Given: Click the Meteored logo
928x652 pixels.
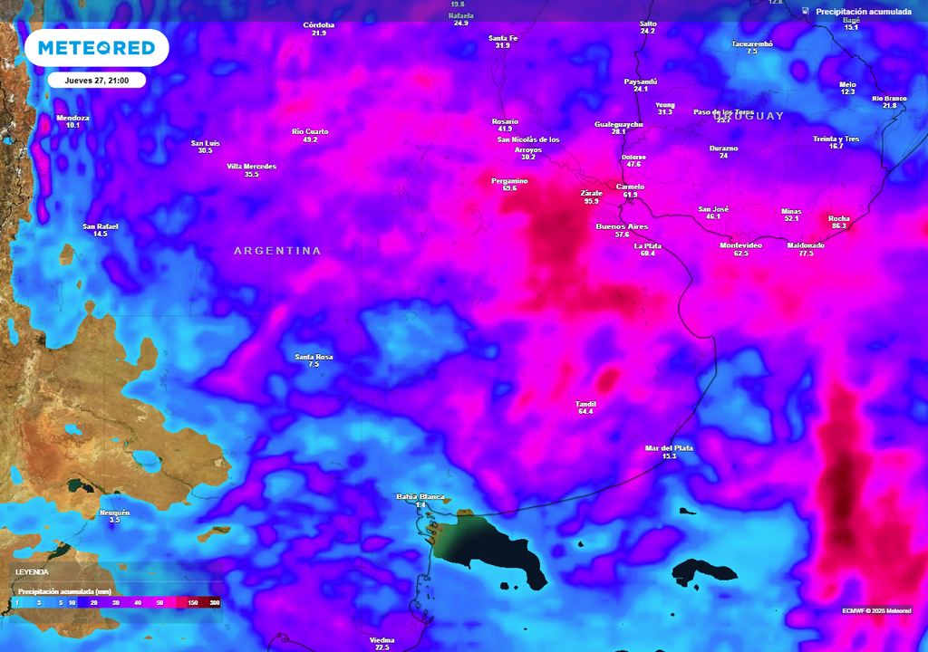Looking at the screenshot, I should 96,48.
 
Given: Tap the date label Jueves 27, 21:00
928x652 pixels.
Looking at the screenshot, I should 96,80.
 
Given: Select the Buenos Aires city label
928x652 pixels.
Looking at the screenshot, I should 622,225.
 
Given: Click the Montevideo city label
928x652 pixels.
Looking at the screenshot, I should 740,245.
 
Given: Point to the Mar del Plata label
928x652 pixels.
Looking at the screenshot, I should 669,448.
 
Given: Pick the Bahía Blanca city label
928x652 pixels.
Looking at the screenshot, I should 420,496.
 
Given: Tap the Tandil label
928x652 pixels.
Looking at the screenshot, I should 585,404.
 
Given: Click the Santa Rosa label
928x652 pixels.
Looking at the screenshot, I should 314,357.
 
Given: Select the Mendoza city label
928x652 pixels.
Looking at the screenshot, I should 73,118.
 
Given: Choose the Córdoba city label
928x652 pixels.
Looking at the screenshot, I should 318,24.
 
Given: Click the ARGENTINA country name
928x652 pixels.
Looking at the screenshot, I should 277,251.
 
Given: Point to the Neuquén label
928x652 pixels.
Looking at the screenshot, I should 114,513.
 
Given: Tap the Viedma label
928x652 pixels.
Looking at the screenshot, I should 382,640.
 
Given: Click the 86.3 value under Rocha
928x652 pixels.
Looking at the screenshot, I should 838,225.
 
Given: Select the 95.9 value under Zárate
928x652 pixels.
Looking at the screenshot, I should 591,201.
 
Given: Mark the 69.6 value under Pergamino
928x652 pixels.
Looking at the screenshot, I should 509,188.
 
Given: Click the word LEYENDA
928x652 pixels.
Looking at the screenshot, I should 32,572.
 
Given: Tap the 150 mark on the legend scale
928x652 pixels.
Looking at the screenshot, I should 192,602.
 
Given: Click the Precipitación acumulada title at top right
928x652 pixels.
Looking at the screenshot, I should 863,12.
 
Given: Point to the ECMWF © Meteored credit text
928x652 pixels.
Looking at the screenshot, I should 876,609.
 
